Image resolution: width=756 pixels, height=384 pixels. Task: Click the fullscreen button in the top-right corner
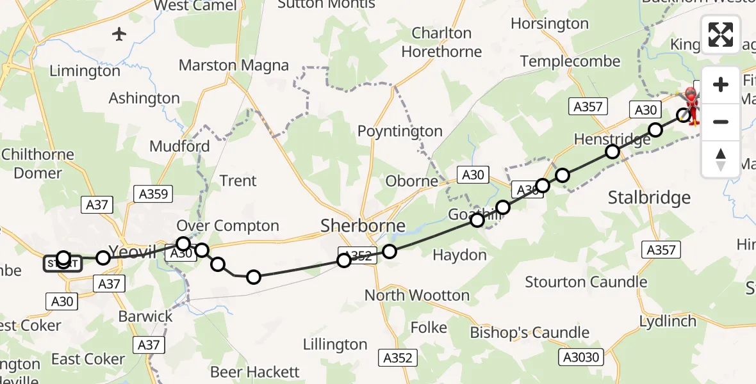tap(721, 34)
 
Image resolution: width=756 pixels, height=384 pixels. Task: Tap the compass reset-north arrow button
tap(721, 159)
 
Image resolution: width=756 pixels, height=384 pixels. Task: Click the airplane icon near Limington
tap(119, 34)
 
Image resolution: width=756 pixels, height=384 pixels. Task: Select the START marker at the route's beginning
tap(62, 263)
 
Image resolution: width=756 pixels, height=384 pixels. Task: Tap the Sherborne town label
tap(363, 225)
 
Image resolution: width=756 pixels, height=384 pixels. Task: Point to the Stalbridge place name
tap(649, 197)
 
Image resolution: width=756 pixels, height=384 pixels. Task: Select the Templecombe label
tap(570, 61)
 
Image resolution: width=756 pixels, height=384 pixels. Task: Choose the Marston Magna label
tap(234, 65)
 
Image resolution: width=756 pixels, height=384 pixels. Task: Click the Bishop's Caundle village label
tap(529, 333)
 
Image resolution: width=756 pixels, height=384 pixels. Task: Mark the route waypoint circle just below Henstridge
tap(612, 152)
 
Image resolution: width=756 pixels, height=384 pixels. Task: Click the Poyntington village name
tap(400, 131)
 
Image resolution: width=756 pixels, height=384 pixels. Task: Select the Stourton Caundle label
tap(586, 282)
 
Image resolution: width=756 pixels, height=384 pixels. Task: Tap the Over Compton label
tap(227, 226)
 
